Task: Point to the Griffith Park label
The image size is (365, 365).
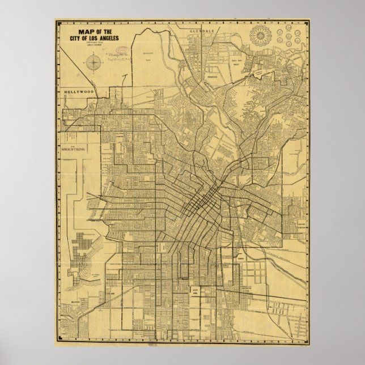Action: tap(150, 53)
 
